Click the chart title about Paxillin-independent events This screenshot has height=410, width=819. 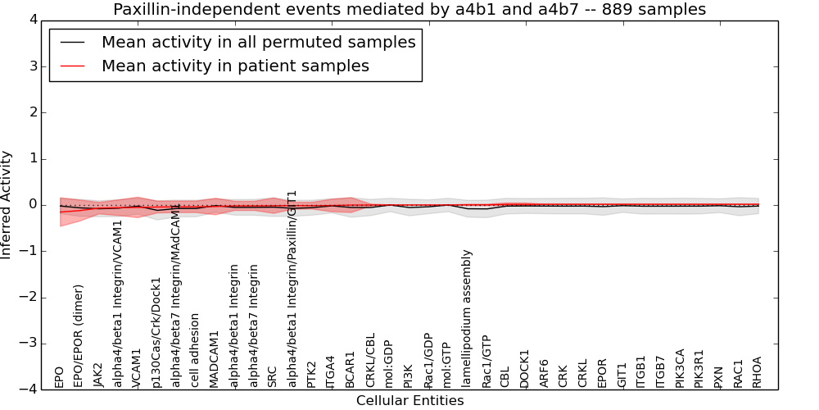[x=409, y=10]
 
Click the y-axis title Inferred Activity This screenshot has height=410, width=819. [x=7, y=205]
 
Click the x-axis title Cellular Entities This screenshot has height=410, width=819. [x=409, y=401]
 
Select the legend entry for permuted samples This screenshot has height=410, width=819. [x=258, y=43]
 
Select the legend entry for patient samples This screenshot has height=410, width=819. [x=235, y=66]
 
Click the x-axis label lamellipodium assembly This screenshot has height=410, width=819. [x=467, y=319]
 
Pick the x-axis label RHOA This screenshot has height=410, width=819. [x=758, y=371]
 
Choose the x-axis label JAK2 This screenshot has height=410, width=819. [x=98, y=374]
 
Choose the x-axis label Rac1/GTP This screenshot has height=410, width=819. [x=486, y=362]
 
